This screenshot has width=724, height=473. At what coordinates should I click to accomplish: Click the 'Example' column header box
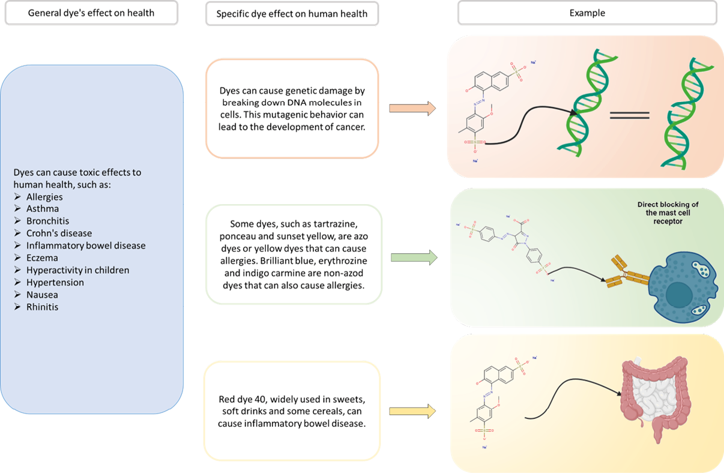pos(587,13)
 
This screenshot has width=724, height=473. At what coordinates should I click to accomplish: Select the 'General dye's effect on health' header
pos(91,13)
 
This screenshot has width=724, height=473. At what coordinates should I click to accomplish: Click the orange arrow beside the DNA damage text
pos(412,108)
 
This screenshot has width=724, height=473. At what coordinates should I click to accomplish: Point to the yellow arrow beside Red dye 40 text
pos(412,412)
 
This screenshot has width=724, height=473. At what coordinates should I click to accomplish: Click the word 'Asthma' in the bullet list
pos(43,209)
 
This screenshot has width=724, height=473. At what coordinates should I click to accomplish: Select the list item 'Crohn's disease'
pos(59,233)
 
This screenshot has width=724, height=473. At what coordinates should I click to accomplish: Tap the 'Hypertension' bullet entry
pos(55,282)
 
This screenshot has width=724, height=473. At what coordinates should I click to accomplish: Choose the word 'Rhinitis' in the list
pos(43,307)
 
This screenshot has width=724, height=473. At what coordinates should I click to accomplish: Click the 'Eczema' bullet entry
pos(42,258)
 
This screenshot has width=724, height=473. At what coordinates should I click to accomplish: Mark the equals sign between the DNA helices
pos(629,115)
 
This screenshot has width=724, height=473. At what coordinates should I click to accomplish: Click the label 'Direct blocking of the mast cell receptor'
pos(668,212)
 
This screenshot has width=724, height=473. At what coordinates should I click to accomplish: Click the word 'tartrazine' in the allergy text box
pos(337,224)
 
